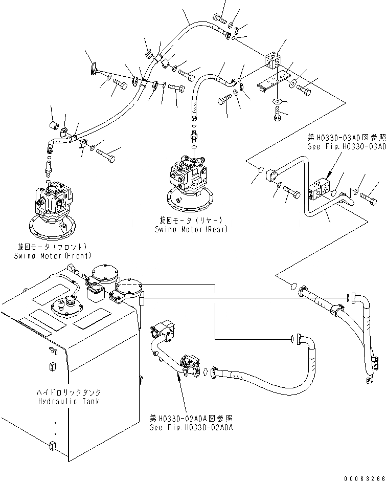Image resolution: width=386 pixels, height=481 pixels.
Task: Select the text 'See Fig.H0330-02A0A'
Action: [191, 427]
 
